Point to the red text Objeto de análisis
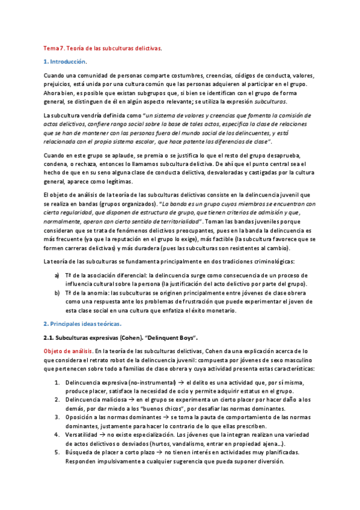[66, 351]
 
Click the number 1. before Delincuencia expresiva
[56, 382]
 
